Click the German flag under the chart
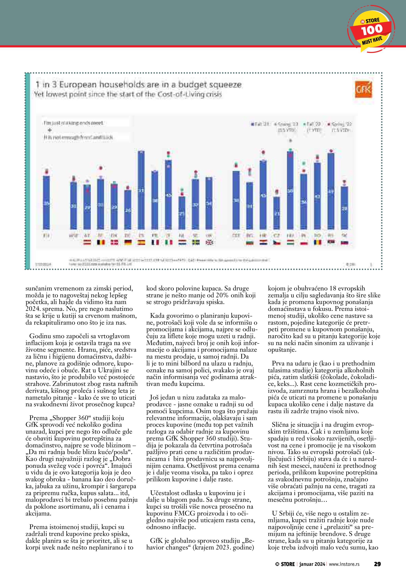[128, 242]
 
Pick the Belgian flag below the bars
[101, 242]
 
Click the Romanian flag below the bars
[317, 242]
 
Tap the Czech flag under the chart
[277, 242]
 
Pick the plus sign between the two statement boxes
[49, 130]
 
